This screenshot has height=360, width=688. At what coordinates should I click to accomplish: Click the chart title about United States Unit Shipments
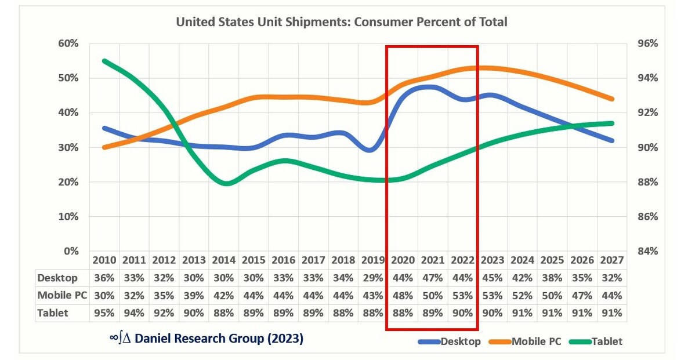tap(342, 23)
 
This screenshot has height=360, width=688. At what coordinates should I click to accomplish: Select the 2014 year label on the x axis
tap(223, 261)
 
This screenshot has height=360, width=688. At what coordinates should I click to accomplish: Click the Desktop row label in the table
tap(57, 278)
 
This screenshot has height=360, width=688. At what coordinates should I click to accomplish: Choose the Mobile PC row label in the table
tap(62, 296)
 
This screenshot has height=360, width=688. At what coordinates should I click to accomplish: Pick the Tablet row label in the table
tap(53, 313)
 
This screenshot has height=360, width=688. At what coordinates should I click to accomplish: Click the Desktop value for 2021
tap(432, 278)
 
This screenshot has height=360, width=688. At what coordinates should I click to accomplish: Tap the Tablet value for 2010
tap(104, 313)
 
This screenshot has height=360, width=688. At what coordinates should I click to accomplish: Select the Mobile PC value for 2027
tap(611, 296)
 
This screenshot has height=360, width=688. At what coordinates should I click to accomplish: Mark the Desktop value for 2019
tap(372, 278)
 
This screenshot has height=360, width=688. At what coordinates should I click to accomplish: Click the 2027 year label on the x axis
tap(611, 261)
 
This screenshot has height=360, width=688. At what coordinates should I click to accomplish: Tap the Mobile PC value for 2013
tap(193, 296)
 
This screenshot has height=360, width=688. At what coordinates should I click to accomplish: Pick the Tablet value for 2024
tap(522, 313)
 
